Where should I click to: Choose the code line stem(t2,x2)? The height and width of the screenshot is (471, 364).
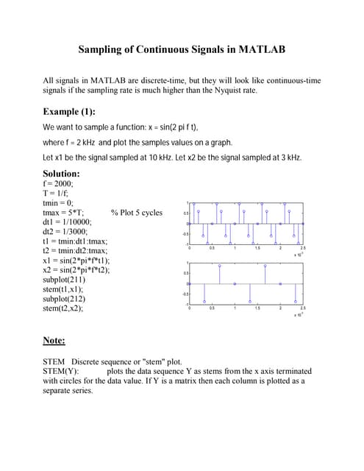(x=63, y=309)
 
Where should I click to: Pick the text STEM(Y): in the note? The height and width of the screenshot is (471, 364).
(x=62, y=372)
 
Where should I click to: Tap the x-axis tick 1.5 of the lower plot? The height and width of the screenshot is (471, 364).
(x=257, y=308)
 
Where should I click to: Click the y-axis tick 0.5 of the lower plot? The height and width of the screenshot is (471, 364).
(x=185, y=273)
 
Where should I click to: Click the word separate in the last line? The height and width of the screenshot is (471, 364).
(x=62, y=392)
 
